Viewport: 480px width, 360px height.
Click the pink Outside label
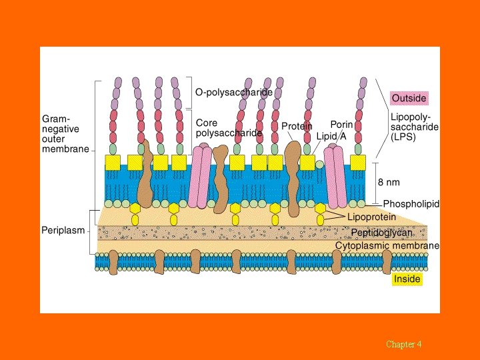[x=409, y=98]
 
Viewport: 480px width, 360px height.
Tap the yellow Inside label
[x=407, y=279]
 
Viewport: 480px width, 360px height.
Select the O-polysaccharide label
[x=233, y=92]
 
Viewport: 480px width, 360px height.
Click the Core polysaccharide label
[x=229, y=128]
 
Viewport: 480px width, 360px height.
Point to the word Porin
[x=341, y=125]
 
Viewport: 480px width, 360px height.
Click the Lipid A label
[x=331, y=136]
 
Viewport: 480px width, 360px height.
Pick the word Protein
[x=297, y=126]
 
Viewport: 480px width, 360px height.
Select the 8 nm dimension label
[x=389, y=182]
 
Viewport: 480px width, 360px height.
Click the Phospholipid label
[x=411, y=204]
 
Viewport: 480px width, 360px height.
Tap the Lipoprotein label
[x=371, y=217]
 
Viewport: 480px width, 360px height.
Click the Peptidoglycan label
[x=381, y=233]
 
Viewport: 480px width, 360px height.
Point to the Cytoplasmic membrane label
[x=387, y=245]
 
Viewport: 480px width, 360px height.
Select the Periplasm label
[x=63, y=231]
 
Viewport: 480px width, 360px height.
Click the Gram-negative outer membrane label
[x=65, y=133]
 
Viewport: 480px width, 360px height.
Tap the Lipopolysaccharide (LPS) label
[x=414, y=126]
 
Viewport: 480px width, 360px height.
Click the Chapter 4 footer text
[x=403, y=344]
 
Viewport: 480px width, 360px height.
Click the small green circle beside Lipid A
[x=319, y=164]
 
